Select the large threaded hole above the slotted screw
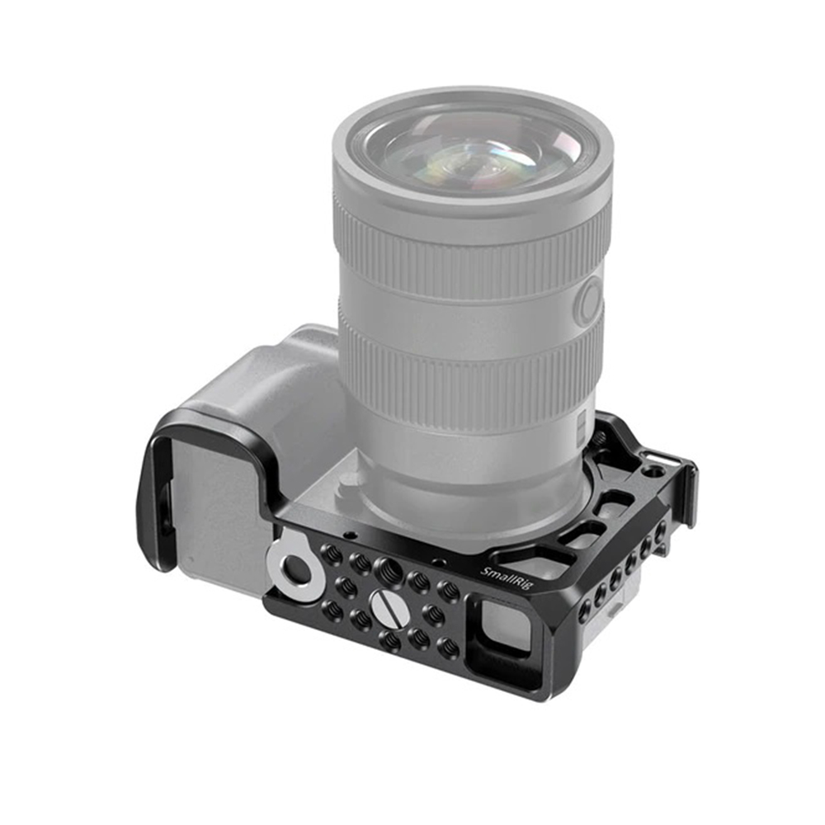(391, 568)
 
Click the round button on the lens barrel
(588, 301)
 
